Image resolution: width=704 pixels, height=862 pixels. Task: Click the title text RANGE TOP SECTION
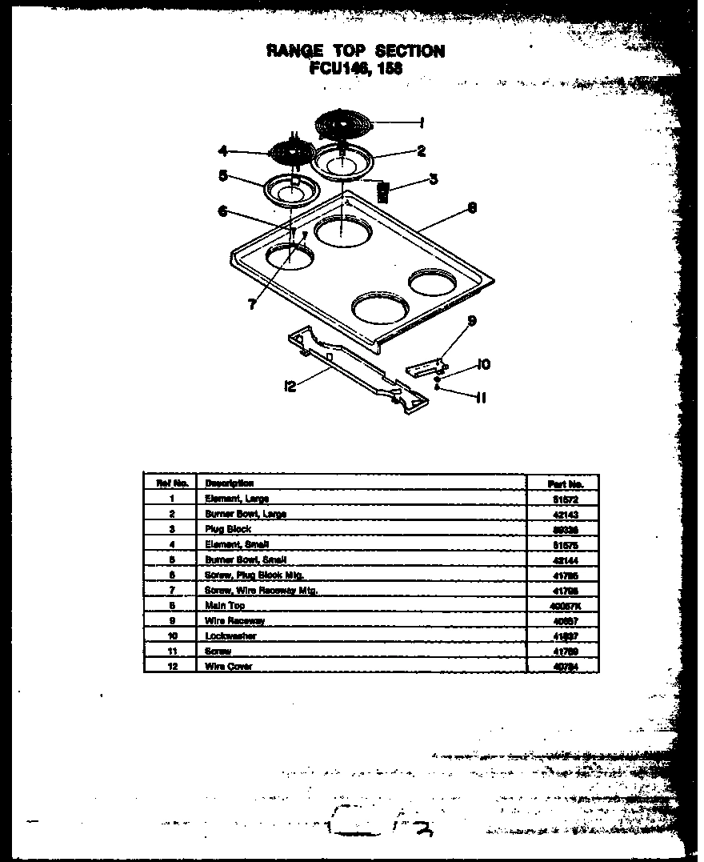(355, 51)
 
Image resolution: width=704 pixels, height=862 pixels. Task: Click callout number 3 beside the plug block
(433, 179)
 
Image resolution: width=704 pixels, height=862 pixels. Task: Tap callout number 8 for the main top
(472, 207)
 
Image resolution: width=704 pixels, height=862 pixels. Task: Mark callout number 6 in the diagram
(222, 211)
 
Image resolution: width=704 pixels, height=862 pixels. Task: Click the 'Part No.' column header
(566, 483)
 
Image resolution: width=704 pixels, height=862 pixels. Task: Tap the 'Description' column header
(230, 483)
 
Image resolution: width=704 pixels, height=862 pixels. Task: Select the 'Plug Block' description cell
(229, 529)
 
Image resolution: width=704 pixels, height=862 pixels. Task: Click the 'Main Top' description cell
(226, 605)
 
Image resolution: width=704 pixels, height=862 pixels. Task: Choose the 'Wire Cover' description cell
(229, 666)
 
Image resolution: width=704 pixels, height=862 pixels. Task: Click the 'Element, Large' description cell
(237, 498)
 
